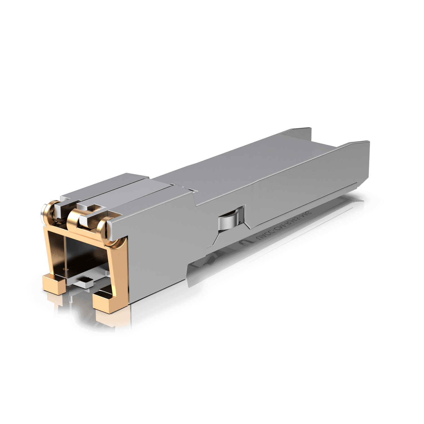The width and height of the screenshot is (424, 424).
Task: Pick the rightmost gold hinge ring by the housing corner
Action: (103, 228)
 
